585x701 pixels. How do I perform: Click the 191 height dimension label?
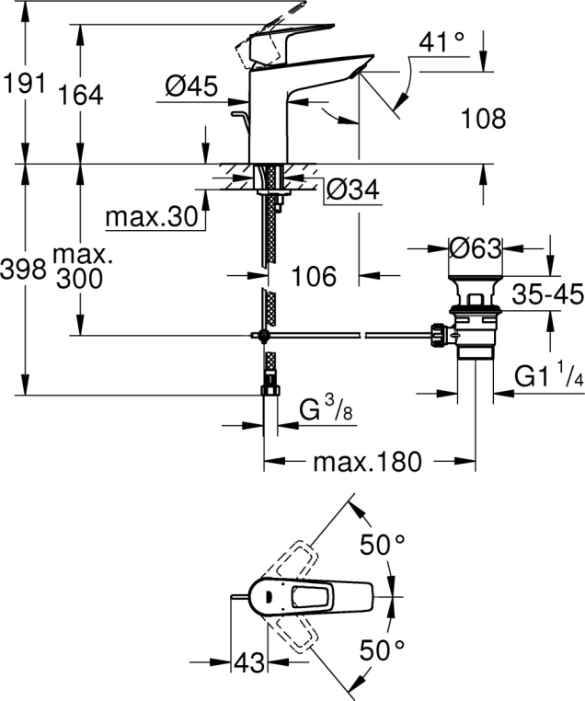pyautogui.click(x=25, y=84)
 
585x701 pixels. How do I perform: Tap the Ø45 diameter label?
pyautogui.click(x=191, y=86)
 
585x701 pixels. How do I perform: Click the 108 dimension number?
pyautogui.click(x=485, y=118)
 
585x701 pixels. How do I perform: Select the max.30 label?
pyautogui.click(x=151, y=217)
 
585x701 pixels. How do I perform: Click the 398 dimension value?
pyautogui.click(x=25, y=269)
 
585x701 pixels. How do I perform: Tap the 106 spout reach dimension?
pyautogui.click(x=315, y=274)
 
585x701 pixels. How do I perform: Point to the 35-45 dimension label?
pyautogui.click(x=549, y=296)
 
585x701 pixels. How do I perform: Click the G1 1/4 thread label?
pyautogui.click(x=548, y=376)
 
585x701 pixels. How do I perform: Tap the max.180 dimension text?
pyautogui.click(x=367, y=461)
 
